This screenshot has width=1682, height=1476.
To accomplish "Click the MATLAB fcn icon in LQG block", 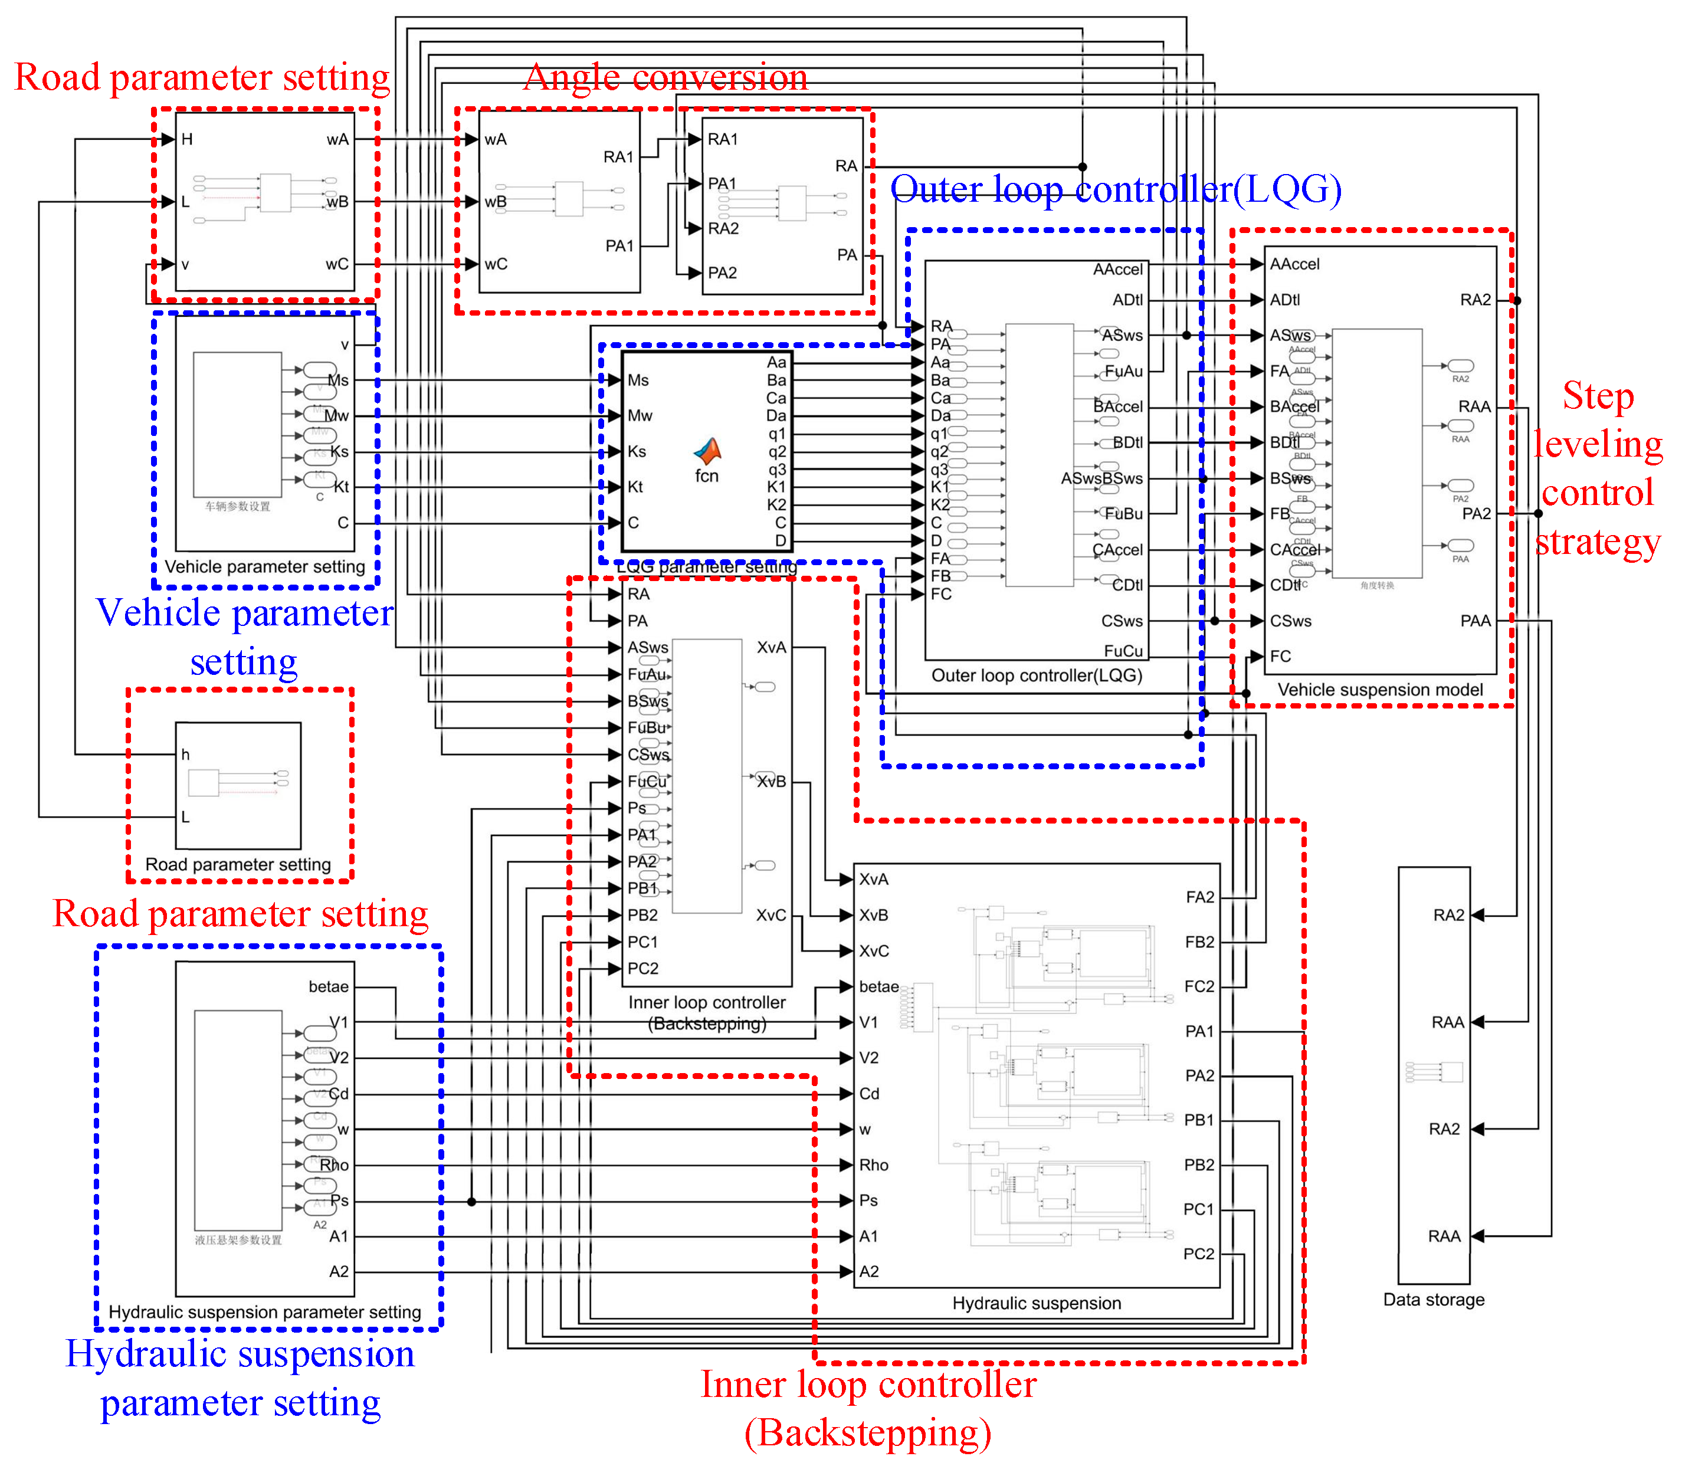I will [707, 451].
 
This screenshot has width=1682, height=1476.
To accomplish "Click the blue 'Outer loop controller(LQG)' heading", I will [1115, 189].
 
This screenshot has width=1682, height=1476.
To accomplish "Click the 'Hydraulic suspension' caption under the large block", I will [1036, 1303].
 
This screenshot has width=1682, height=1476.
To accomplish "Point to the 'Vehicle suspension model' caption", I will [1379, 690].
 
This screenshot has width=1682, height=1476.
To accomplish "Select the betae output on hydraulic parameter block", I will [329, 986].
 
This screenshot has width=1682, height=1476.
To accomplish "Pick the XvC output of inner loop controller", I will [770, 915].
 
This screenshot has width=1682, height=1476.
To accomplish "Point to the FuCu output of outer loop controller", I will [1123, 651].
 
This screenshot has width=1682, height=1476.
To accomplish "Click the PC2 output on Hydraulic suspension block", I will [1198, 1253].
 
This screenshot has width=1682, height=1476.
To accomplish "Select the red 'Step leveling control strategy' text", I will [1596, 468].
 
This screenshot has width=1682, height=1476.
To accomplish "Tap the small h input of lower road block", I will [185, 753].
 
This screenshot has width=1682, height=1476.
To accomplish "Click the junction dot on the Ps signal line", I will [471, 1201].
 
